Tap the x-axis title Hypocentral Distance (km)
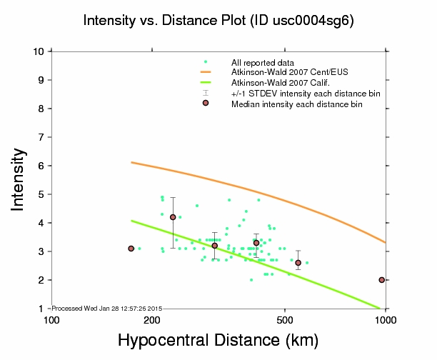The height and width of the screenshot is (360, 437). coord(218,341)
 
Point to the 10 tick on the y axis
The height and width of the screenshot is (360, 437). coord(41,51)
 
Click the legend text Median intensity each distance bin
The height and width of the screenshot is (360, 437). coord(296,104)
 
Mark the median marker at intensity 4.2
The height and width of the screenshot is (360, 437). coord(173,217)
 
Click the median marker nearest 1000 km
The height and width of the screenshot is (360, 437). coord(382,280)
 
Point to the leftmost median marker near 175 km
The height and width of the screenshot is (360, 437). coord(131,249)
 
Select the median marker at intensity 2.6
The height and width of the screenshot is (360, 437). coord(298,263)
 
